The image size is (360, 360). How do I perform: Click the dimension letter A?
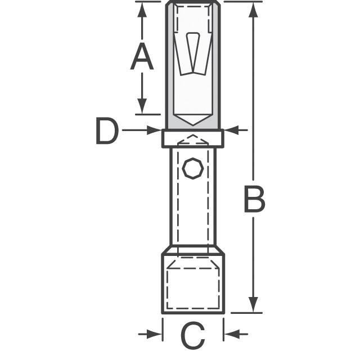point(142,56)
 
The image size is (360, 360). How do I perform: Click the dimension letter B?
point(254,199)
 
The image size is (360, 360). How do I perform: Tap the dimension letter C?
point(192,335)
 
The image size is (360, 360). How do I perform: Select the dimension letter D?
point(107,131)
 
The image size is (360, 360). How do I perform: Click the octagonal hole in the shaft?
point(193,168)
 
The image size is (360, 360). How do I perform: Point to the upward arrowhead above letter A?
point(142,10)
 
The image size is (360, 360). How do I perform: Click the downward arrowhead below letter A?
point(142,106)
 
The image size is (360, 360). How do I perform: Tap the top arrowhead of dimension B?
point(253,10)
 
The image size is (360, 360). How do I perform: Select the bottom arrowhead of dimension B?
point(253,304)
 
